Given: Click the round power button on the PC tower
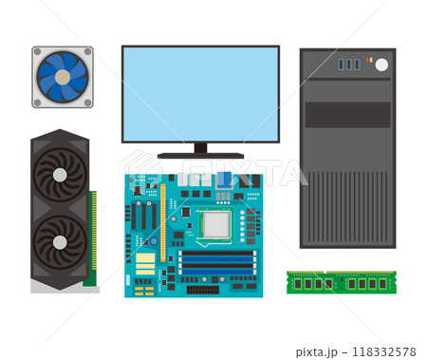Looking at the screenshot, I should (x=381, y=65).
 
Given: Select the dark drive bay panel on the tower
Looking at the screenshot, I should (x=347, y=114).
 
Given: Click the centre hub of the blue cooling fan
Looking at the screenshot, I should (x=63, y=76).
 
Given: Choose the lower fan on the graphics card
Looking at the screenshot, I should (x=60, y=240).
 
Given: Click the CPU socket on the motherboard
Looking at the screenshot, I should (x=215, y=225).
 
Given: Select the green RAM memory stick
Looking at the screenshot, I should (x=342, y=282).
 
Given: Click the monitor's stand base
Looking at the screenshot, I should (x=200, y=155).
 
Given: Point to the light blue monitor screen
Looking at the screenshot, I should (x=200, y=93).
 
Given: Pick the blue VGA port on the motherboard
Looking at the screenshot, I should (x=224, y=179).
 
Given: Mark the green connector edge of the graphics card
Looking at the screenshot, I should (x=92, y=237).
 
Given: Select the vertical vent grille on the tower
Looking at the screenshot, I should (x=347, y=204).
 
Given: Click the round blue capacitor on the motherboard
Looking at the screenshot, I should (x=154, y=241).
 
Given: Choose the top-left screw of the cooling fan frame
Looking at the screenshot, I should (x=37, y=51).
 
